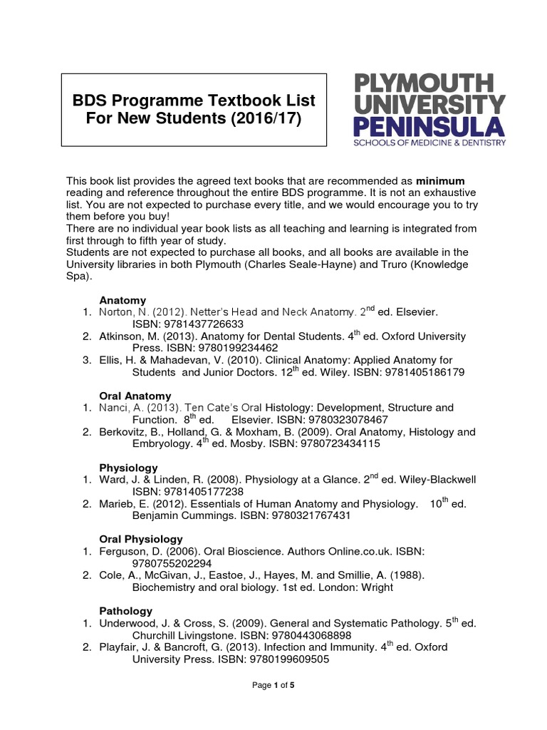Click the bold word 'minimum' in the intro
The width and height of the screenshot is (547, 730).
click(x=440, y=180)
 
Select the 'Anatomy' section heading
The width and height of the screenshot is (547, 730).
click(x=123, y=299)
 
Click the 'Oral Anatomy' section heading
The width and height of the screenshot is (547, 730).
click(x=135, y=396)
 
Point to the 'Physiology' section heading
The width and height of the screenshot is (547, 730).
click(x=128, y=468)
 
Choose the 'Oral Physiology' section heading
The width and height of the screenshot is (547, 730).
click(x=141, y=539)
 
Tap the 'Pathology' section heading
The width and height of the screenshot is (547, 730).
click(x=125, y=611)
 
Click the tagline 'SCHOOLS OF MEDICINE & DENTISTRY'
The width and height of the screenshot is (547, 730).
click(x=426, y=143)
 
